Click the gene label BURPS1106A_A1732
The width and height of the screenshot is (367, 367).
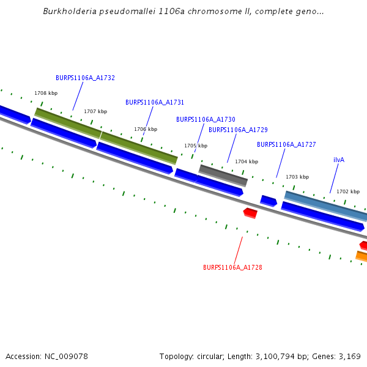[85, 78]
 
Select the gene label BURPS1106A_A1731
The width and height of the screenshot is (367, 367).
[155, 102]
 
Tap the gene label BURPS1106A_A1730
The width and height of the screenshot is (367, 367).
[206, 119]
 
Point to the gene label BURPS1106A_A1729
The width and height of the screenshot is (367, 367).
[238, 130]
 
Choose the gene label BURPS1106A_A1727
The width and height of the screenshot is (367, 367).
[286, 144]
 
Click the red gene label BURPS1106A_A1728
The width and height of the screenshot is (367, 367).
[232, 267]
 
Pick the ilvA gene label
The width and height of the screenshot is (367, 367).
[339, 160]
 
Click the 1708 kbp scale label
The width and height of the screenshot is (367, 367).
[46, 93]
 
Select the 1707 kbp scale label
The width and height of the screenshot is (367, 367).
[95, 111]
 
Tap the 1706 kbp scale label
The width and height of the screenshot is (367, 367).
[146, 129]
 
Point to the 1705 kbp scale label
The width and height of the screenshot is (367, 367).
[196, 146]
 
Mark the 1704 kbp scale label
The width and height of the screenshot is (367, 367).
[247, 161]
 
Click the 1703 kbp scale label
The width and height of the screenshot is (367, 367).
[297, 177]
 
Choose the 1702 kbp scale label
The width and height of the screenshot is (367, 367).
[347, 191]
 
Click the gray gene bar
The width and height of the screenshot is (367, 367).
[223, 176]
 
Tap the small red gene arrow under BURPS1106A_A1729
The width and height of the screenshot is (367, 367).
[250, 212]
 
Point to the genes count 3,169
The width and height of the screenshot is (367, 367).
[349, 356]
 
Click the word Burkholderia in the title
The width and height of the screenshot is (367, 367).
[68, 12]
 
